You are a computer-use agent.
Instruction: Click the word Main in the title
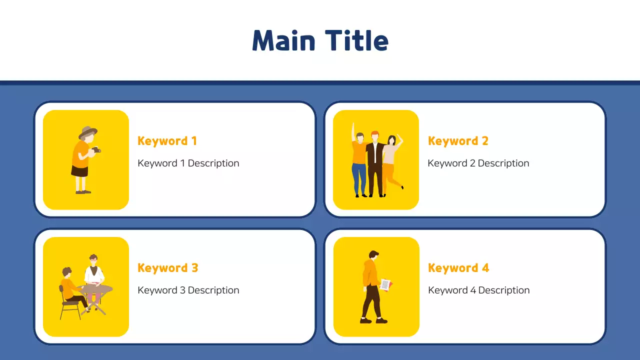click(x=283, y=40)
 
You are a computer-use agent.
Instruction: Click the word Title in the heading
click(x=356, y=40)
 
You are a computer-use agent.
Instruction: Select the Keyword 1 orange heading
click(x=167, y=141)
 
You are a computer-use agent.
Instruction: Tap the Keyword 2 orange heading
click(x=457, y=141)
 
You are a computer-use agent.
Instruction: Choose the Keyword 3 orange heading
click(x=167, y=268)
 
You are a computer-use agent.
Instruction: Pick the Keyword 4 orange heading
click(x=458, y=268)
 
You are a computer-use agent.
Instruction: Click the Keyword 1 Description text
click(x=188, y=163)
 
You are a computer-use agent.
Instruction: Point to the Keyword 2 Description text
click(x=478, y=163)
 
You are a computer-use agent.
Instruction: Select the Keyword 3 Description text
click(x=188, y=290)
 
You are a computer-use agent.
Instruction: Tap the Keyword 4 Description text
click(x=478, y=290)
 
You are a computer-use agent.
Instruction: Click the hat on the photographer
click(x=87, y=131)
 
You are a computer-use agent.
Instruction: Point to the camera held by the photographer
click(x=95, y=149)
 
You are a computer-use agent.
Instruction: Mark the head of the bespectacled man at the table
click(x=93, y=260)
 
